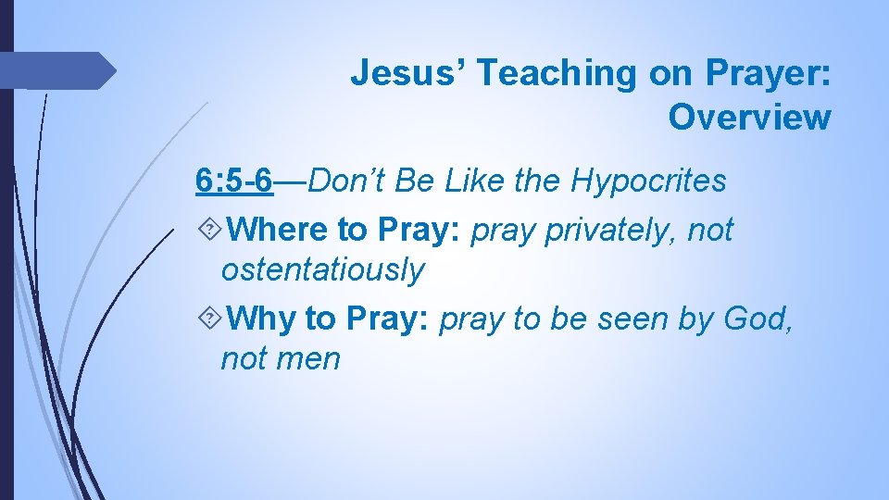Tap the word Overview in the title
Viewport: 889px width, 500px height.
pyautogui.click(x=749, y=118)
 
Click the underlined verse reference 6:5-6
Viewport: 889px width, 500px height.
pyautogui.click(x=234, y=181)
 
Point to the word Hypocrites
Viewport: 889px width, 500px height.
pyautogui.click(x=648, y=181)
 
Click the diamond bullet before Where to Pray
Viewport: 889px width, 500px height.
pyautogui.click(x=209, y=230)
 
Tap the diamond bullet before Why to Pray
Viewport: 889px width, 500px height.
pyautogui.click(x=209, y=319)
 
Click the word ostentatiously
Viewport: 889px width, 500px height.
pyautogui.click(x=322, y=270)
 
